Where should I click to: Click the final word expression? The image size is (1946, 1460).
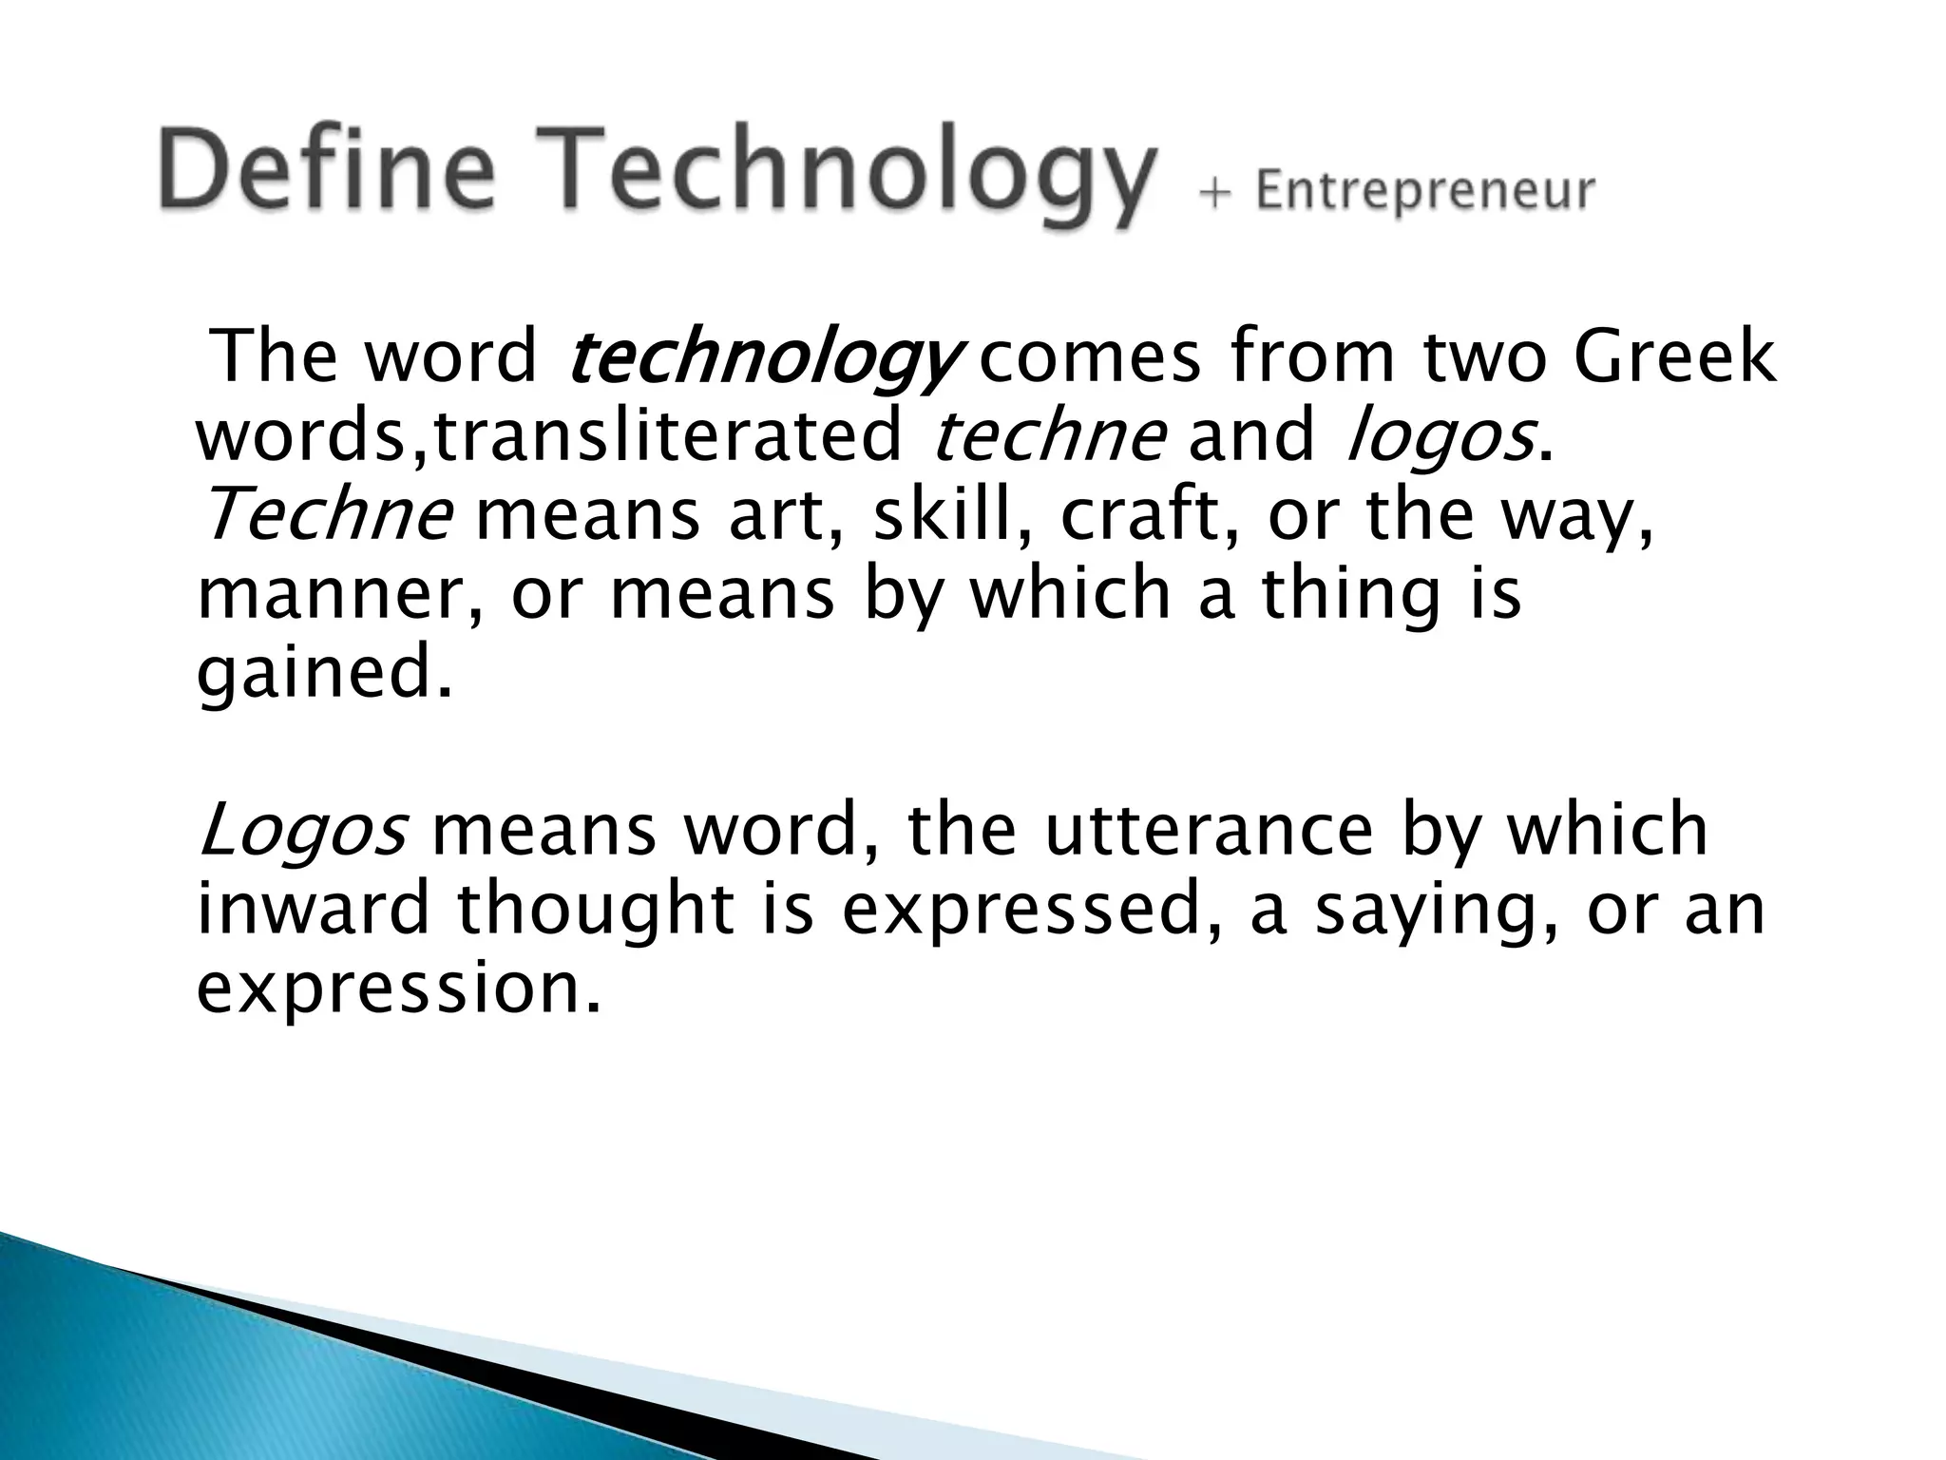click(x=398, y=989)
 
